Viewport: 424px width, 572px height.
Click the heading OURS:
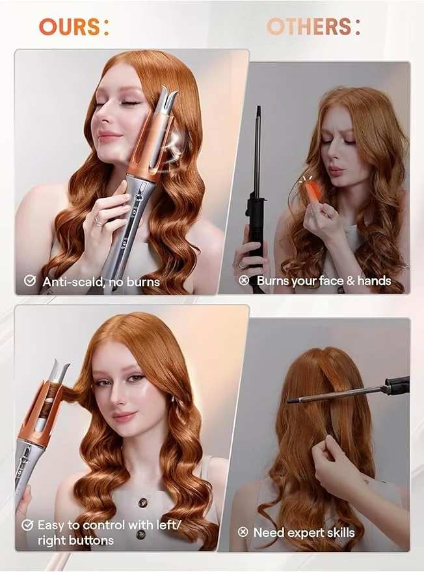pyautogui.click(x=73, y=27)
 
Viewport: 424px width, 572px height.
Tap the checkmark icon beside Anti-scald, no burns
pyautogui.click(x=30, y=280)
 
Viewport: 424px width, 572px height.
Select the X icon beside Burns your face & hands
pyautogui.click(x=244, y=280)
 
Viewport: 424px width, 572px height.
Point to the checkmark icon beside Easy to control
pyautogui.click(x=27, y=524)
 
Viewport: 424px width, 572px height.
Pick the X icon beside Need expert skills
pyautogui.click(x=243, y=532)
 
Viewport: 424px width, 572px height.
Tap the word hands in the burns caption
pyautogui.click(x=373, y=281)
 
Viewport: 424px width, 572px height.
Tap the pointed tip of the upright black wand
pyautogui.click(x=258, y=109)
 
